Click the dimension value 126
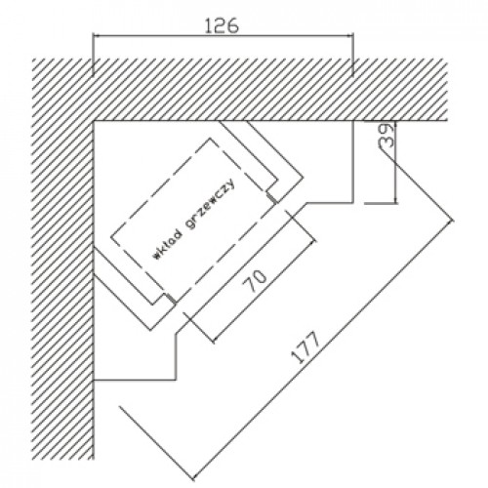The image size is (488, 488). [x=223, y=25]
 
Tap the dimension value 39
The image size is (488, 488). [x=386, y=136]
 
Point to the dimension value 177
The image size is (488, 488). [x=305, y=347]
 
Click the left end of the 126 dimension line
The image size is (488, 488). [x=93, y=36]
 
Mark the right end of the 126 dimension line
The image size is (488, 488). [x=353, y=36]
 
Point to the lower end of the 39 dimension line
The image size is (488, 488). [x=395, y=203]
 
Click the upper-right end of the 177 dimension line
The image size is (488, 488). [x=453, y=221]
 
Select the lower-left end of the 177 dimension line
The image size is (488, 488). [x=193, y=479]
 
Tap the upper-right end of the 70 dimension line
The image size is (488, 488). [x=315, y=241]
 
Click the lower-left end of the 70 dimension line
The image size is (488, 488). [x=213, y=342]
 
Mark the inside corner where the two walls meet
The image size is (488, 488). [x=94, y=121]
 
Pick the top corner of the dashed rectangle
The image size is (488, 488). [x=210, y=139]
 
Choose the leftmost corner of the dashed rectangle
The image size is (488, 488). [x=111, y=237]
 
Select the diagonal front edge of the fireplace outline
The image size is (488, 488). [x=241, y=268]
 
